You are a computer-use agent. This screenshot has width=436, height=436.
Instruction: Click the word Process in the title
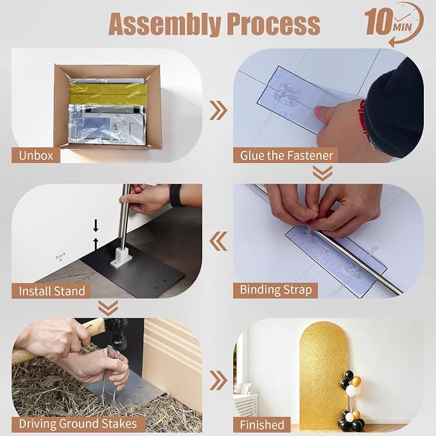point(274,24)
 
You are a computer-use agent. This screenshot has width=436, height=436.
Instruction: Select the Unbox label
point(36,155)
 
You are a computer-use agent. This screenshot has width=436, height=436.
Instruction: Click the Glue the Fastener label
point(286,155)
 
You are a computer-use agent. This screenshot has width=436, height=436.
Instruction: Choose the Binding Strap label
point(275,290)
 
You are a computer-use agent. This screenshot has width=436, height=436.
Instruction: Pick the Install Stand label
point(51,291)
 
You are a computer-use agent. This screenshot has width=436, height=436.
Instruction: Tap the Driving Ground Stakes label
point(78,424)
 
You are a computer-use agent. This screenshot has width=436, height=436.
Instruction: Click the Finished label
point(261,424)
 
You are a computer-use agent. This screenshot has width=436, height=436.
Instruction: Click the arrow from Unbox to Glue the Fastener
point(218,110)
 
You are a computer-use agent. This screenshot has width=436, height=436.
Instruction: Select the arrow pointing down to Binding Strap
point(322,173)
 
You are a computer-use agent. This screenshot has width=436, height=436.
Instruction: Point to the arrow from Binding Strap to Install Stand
point(218,241)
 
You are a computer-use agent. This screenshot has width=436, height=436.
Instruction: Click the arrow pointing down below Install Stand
point(108,308)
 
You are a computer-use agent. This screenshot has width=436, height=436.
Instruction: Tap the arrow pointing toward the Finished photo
point(218,380)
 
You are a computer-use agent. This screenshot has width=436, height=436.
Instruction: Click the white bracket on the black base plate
point(121,257)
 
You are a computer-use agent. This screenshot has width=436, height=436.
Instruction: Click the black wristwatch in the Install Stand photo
point(175,195)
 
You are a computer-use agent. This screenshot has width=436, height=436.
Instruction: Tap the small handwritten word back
point(60,256)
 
